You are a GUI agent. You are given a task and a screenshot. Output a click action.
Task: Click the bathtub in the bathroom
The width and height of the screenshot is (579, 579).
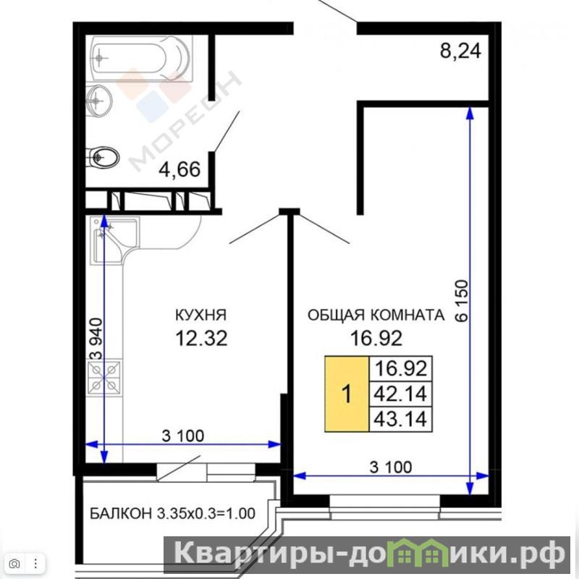(142, 59)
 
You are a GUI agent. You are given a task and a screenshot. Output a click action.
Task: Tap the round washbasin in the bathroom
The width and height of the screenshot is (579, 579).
(98, 101)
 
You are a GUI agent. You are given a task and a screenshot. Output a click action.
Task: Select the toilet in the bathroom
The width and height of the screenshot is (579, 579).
(103, 158)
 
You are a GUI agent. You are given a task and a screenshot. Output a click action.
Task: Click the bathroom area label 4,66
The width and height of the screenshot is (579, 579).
(179, 169)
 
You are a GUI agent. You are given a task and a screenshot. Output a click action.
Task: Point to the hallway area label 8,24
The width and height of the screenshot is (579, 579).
(460, 51)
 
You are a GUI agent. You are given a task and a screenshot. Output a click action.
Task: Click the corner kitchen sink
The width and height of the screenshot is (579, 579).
(114, 240)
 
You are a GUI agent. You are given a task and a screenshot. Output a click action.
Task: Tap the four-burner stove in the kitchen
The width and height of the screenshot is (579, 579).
(104, 376)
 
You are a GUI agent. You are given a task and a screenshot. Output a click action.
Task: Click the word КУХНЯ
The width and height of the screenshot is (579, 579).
(200, 315)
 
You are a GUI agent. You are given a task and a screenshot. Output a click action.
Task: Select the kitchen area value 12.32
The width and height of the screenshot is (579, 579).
(201, 338)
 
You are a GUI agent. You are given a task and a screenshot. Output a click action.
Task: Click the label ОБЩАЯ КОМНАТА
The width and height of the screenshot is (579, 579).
(376, 315)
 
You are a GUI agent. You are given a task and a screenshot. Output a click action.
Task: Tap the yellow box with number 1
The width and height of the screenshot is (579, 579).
(347, 394)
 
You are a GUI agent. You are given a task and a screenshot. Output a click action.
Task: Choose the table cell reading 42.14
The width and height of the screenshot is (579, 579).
(401, 394)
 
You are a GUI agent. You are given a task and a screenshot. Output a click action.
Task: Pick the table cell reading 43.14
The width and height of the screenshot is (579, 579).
(401, 419)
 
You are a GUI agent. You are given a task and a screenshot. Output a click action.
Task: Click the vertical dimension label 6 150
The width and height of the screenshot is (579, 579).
(462, 300)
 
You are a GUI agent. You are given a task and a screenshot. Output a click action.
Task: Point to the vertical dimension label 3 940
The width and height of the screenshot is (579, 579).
(96, 339)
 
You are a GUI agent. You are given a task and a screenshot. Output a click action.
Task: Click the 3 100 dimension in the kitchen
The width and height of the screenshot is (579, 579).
(183, 436)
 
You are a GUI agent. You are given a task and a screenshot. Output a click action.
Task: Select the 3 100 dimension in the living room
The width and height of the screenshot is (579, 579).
(391, 467)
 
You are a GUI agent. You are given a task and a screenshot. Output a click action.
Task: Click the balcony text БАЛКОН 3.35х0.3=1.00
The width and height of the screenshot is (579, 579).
(172, 513)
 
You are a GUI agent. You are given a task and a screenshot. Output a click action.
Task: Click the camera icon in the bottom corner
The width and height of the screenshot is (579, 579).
(14, 564)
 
